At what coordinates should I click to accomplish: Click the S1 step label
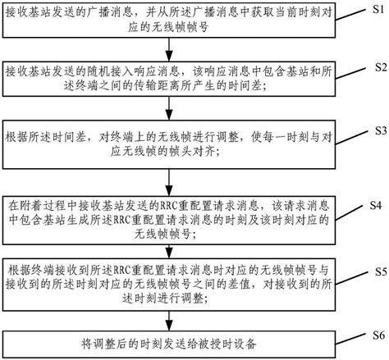[374, 7]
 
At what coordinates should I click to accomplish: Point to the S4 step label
[375, 202]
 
